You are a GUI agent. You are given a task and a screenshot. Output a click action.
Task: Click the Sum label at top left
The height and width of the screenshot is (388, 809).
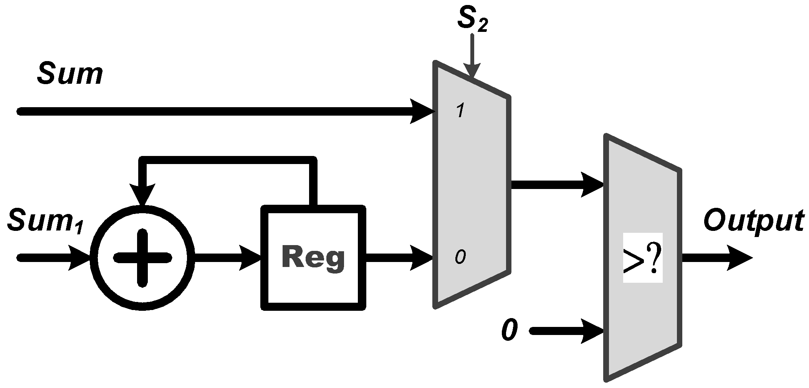(x=70, y=74)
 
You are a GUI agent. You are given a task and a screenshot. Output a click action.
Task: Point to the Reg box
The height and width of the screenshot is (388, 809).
(x=313, y=258)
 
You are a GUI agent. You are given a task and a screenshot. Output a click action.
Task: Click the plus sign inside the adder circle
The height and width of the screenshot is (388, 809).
(x=142, y=258)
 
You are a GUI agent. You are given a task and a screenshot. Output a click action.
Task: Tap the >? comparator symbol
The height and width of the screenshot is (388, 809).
(x=642, y=258)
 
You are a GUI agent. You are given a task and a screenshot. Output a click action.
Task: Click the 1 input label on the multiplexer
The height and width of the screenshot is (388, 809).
(x=460, y=111)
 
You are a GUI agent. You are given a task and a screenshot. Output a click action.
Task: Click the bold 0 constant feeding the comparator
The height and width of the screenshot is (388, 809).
(x=509, y=330)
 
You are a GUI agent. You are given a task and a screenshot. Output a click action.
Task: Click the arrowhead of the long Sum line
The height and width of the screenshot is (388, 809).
(x=422, y=111)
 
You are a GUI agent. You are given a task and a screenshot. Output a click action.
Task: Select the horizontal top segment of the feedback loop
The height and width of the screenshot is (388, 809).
(x=228, y=161)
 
